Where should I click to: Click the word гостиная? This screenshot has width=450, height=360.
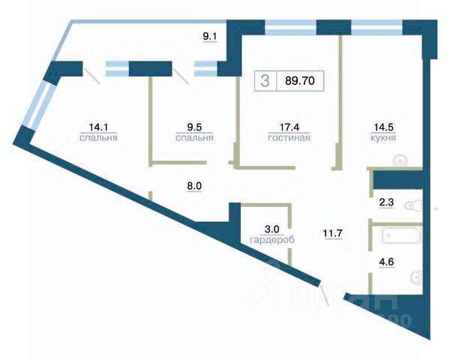(289, 138)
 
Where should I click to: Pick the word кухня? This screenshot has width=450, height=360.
(383, 138)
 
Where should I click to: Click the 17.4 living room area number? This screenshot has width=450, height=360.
(289, 127)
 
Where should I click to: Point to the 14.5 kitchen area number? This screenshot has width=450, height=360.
(383, 127)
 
